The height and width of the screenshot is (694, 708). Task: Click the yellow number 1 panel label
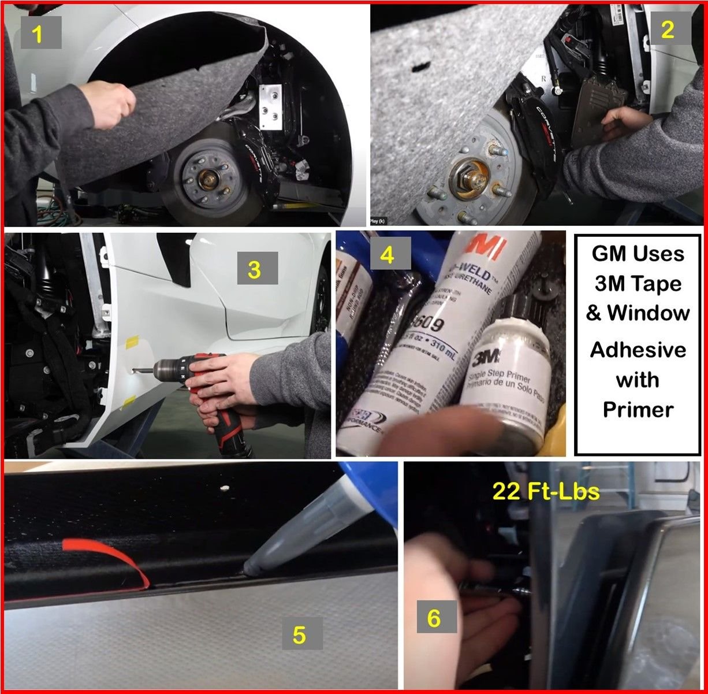coord(38,35)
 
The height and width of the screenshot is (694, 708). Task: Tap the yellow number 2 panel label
coord(667,30)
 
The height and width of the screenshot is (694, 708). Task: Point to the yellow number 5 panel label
coord(299,634)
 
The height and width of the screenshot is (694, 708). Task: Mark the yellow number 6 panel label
coord(433,618)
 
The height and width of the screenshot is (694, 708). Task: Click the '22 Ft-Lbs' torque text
coord(545,491)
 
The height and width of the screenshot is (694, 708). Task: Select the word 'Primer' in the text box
coord(638,409)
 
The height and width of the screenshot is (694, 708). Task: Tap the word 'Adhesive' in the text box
coord(638,350)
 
